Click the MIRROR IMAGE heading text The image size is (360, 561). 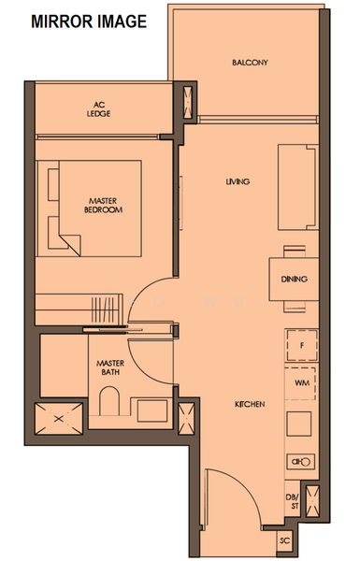[89, 22]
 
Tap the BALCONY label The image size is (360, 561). [250, 63]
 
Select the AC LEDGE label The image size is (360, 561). [99, 109]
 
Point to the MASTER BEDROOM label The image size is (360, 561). [103, 206]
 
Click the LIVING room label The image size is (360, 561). [238, 181]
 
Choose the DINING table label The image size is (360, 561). [295, 279]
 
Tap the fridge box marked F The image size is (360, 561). [302, 346]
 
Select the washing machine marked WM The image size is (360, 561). [300, 383]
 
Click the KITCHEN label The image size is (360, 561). [250, 404]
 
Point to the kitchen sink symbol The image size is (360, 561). [301, 462]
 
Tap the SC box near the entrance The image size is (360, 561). [285, 540]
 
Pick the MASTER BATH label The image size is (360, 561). [110, 367]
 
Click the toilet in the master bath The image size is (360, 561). [109, 401]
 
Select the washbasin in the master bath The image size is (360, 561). [152, 410]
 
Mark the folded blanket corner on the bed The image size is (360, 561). [70, 245]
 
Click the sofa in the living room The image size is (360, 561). [298, 187]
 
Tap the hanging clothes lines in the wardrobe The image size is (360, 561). [103, 309]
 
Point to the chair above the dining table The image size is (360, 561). [295, 252]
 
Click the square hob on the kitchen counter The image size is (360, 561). [299, 424]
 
